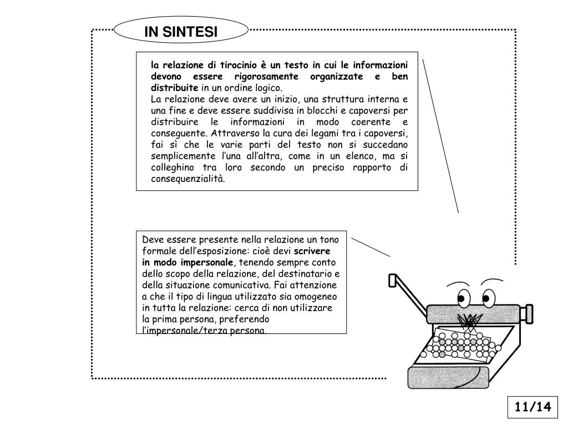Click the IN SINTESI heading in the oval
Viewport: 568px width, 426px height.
(181, 32)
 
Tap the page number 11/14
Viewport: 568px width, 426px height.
(533, 407)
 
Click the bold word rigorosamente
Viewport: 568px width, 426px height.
(266, 77)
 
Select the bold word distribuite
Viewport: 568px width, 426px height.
(175, 88)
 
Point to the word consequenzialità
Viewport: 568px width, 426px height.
(187, 179)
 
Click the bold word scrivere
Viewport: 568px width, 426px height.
(312, 251)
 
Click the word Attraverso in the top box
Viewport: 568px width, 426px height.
(235, 133)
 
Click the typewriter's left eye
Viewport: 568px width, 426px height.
(464, 298)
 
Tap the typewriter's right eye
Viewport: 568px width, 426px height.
(488, 298)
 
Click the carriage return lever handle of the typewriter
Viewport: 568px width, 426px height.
(393, 280)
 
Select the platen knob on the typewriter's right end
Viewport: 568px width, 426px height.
(528, 314)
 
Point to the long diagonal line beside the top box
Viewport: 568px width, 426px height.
(440, 136)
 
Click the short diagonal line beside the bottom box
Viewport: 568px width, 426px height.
(371, 247)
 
